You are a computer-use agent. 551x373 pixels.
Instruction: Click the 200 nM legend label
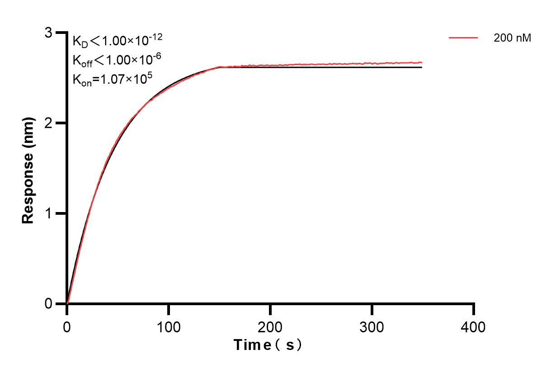coord(512,38)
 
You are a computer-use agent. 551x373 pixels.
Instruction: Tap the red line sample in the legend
coord(463,38)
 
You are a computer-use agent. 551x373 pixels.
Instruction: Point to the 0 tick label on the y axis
coord(48,304)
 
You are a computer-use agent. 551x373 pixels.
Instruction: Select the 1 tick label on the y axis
coord(48,213)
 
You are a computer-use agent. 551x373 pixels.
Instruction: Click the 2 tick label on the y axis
coord(48,123)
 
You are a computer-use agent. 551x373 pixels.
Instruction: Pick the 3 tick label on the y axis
coord(48,33)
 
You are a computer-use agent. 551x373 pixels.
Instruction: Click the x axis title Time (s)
coord(268,345)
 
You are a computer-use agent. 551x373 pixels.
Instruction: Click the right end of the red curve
coord(421,62)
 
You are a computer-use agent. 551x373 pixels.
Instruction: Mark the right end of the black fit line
coord(421,67)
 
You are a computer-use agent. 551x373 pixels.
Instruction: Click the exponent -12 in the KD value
coord(155,37)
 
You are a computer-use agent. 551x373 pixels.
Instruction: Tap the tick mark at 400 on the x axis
coord(474,309)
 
